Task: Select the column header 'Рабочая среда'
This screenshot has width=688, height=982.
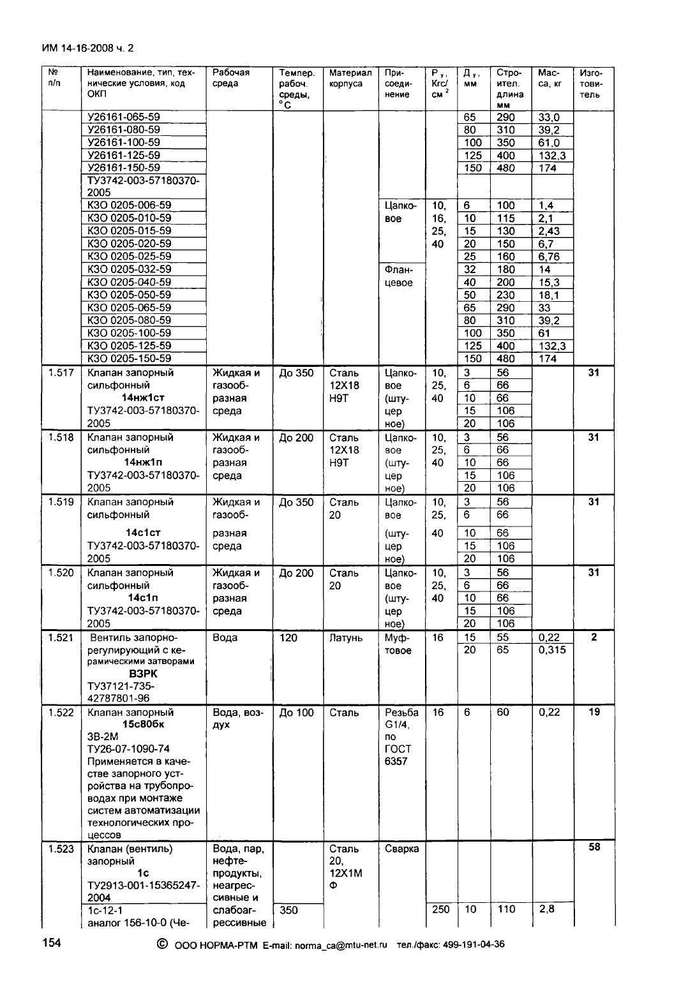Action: click(231, 78)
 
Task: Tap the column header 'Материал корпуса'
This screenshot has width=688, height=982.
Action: click(350, 78)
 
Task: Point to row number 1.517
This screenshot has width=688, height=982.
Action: click(61, 373)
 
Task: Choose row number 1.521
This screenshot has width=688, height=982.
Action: click(61, 637)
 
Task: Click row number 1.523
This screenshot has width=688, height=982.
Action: click(61, 849)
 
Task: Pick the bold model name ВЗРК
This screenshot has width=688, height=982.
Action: click(143, 673)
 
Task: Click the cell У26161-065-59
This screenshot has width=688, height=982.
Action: click(124, 117)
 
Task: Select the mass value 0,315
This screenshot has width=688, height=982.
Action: click(552, 650)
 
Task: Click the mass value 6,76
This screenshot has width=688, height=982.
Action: click(549, 257)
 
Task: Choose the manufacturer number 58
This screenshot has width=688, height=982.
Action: click(594, 847)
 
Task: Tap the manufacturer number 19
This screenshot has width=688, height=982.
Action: click(594, 711)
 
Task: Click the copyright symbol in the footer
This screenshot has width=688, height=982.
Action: click(161, 944)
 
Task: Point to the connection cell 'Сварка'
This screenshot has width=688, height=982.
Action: click(402, 849)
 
